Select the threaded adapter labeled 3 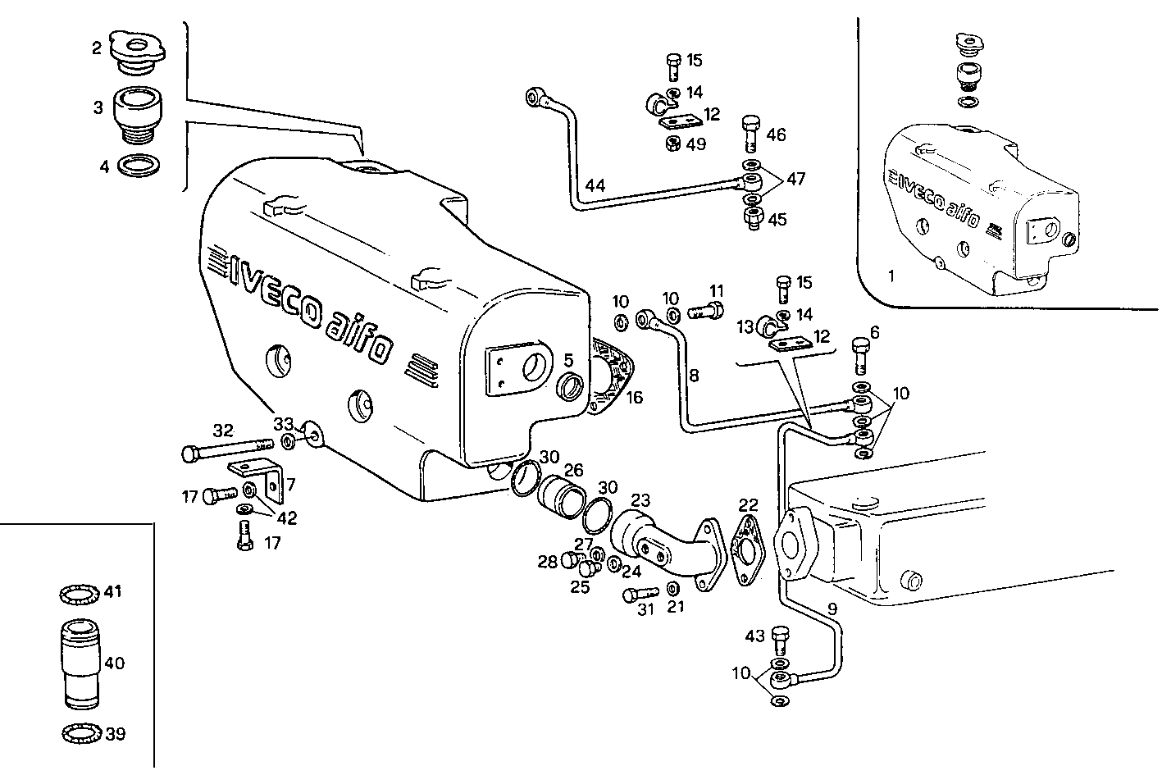138,113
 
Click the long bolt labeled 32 226,449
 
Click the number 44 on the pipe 595,186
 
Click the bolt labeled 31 640,593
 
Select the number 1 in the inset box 891,276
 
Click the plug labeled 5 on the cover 571,385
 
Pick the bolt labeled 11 706,311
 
